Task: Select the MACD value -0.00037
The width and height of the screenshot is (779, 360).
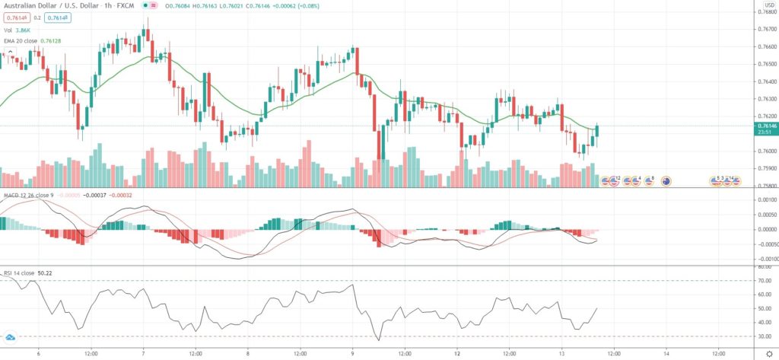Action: point(93,195)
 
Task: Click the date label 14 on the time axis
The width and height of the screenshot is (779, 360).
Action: point(666,352)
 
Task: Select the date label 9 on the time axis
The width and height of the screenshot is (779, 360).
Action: point(352,352)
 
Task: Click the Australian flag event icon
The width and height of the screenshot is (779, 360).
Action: point(666,181)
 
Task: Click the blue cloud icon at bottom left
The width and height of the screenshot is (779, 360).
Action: point(11,336)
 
